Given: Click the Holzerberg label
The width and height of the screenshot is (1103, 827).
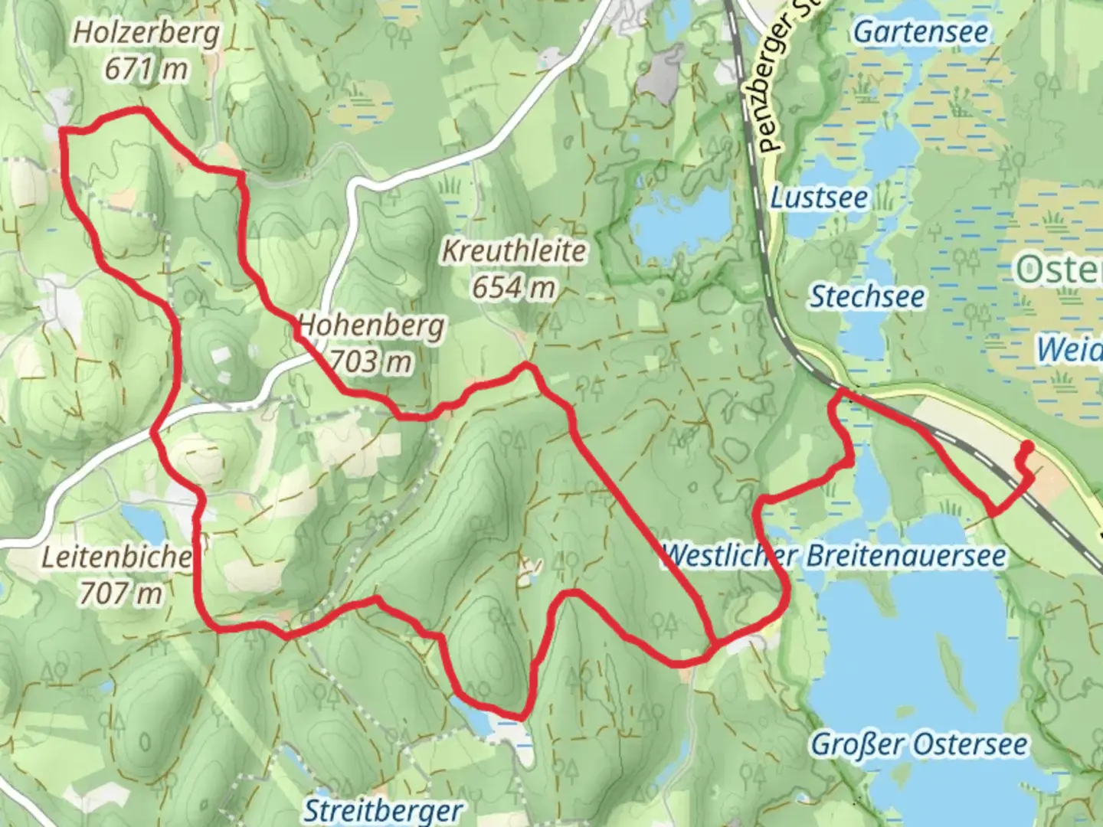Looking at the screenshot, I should (146, 33).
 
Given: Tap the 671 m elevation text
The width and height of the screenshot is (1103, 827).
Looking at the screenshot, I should (146, 69).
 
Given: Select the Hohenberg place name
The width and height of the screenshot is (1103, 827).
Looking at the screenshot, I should (371, 325).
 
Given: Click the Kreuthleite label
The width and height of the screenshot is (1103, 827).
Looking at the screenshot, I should (514, 251).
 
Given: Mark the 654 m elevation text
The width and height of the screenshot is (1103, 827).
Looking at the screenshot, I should (514, 287).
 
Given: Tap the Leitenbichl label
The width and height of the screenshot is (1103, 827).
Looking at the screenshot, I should (115, 557).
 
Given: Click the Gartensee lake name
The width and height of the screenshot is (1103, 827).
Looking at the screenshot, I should (921, 32).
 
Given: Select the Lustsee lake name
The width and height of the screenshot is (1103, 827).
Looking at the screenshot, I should (819, 198).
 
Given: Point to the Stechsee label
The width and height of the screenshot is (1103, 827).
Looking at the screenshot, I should (867, 296).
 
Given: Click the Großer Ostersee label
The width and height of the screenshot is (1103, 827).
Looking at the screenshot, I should (919, 744).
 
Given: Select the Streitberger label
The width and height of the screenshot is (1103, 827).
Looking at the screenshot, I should (383, 810).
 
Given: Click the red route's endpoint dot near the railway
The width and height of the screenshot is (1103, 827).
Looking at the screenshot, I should (1027, 446).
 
